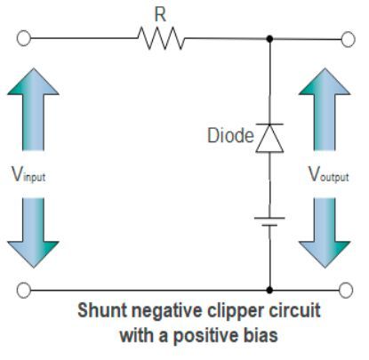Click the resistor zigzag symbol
pos(161,39)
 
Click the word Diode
pos(229,136)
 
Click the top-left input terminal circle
pos(25,39)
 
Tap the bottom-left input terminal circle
pos(25,290)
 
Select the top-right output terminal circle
pos(348,39)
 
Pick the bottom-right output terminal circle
pos(348,290)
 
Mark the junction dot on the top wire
pos(269,39)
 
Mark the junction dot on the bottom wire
pos(269,290)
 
